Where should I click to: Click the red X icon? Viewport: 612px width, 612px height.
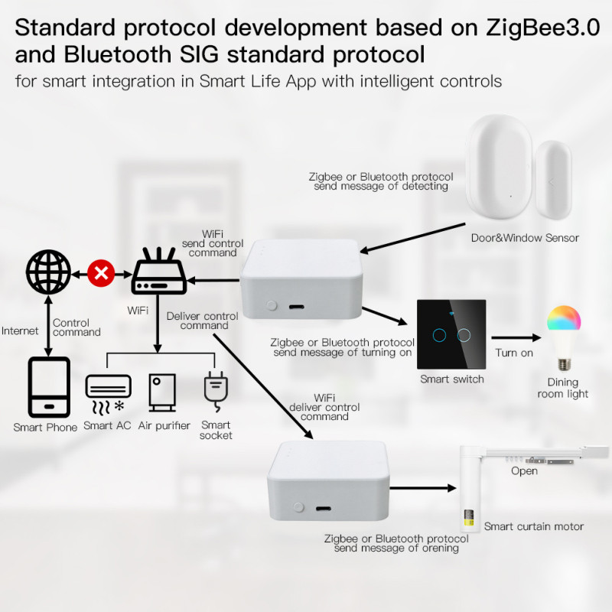(x=99, y=273)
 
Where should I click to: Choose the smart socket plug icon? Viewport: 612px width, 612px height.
(x=214, y=389)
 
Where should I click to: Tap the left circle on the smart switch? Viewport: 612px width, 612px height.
(x=438, y=334)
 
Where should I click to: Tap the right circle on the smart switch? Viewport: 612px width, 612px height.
(x=463, y=334)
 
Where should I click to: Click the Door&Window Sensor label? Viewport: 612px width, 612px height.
(x=525, y=238)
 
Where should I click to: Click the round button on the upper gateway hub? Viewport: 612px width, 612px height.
(x=271, y=305)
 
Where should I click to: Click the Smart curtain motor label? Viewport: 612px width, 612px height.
(x=533, y=526)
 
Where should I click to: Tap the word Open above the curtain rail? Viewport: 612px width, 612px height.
(x=524, y=471)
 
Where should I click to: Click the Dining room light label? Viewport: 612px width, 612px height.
(x=563, y=388)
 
